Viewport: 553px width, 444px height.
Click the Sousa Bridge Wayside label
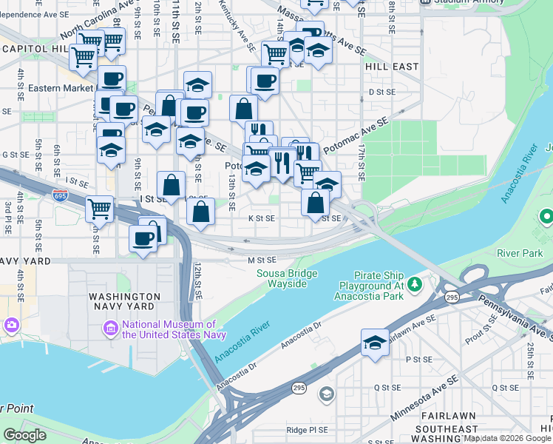(x=282, y=278)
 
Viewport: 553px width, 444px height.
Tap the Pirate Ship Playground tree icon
(x=415, y=284)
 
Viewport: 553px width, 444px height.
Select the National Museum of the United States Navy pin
(x=110, y=328)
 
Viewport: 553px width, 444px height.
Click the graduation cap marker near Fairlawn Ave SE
(x=375, y=343)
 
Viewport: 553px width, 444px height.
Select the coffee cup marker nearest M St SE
(x=143, y=239)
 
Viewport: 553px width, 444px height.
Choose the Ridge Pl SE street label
(x=307, y=429)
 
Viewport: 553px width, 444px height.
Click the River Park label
(x=520, y=252)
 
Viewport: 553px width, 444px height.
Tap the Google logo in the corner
(x=25, y=435)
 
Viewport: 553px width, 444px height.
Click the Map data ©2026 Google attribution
(x=507, y=439)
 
